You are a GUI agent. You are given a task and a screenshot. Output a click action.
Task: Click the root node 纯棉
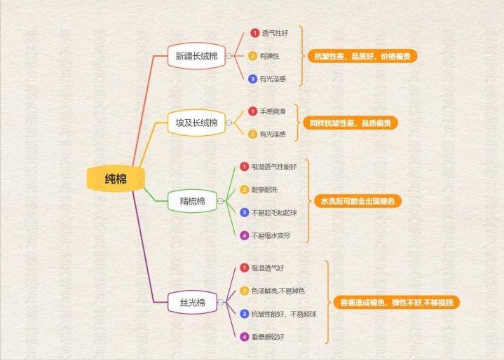click(x=111, y=179)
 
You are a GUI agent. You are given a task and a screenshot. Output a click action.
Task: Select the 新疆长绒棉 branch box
click(x=196, y=57)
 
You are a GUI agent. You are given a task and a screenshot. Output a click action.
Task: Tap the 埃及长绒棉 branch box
click(x=196, y=123)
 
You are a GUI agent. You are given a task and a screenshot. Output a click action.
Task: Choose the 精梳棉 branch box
click(x=191, y=202)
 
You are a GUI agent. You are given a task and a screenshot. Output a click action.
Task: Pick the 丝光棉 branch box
click(x=191, y=303)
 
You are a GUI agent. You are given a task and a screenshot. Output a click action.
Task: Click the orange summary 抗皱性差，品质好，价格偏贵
click(x=362, y=57)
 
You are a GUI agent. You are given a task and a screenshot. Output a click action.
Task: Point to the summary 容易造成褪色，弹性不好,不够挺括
click(x=395, y=303)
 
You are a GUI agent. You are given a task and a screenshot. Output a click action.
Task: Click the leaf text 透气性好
click(x=275, y=33)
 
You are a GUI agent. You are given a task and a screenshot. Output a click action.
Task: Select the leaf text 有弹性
click(x=270, y=56)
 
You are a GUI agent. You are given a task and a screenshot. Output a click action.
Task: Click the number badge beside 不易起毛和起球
click(x=244, y=212)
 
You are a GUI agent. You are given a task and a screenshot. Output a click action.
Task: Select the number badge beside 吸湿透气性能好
click(x=244, y=167)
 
